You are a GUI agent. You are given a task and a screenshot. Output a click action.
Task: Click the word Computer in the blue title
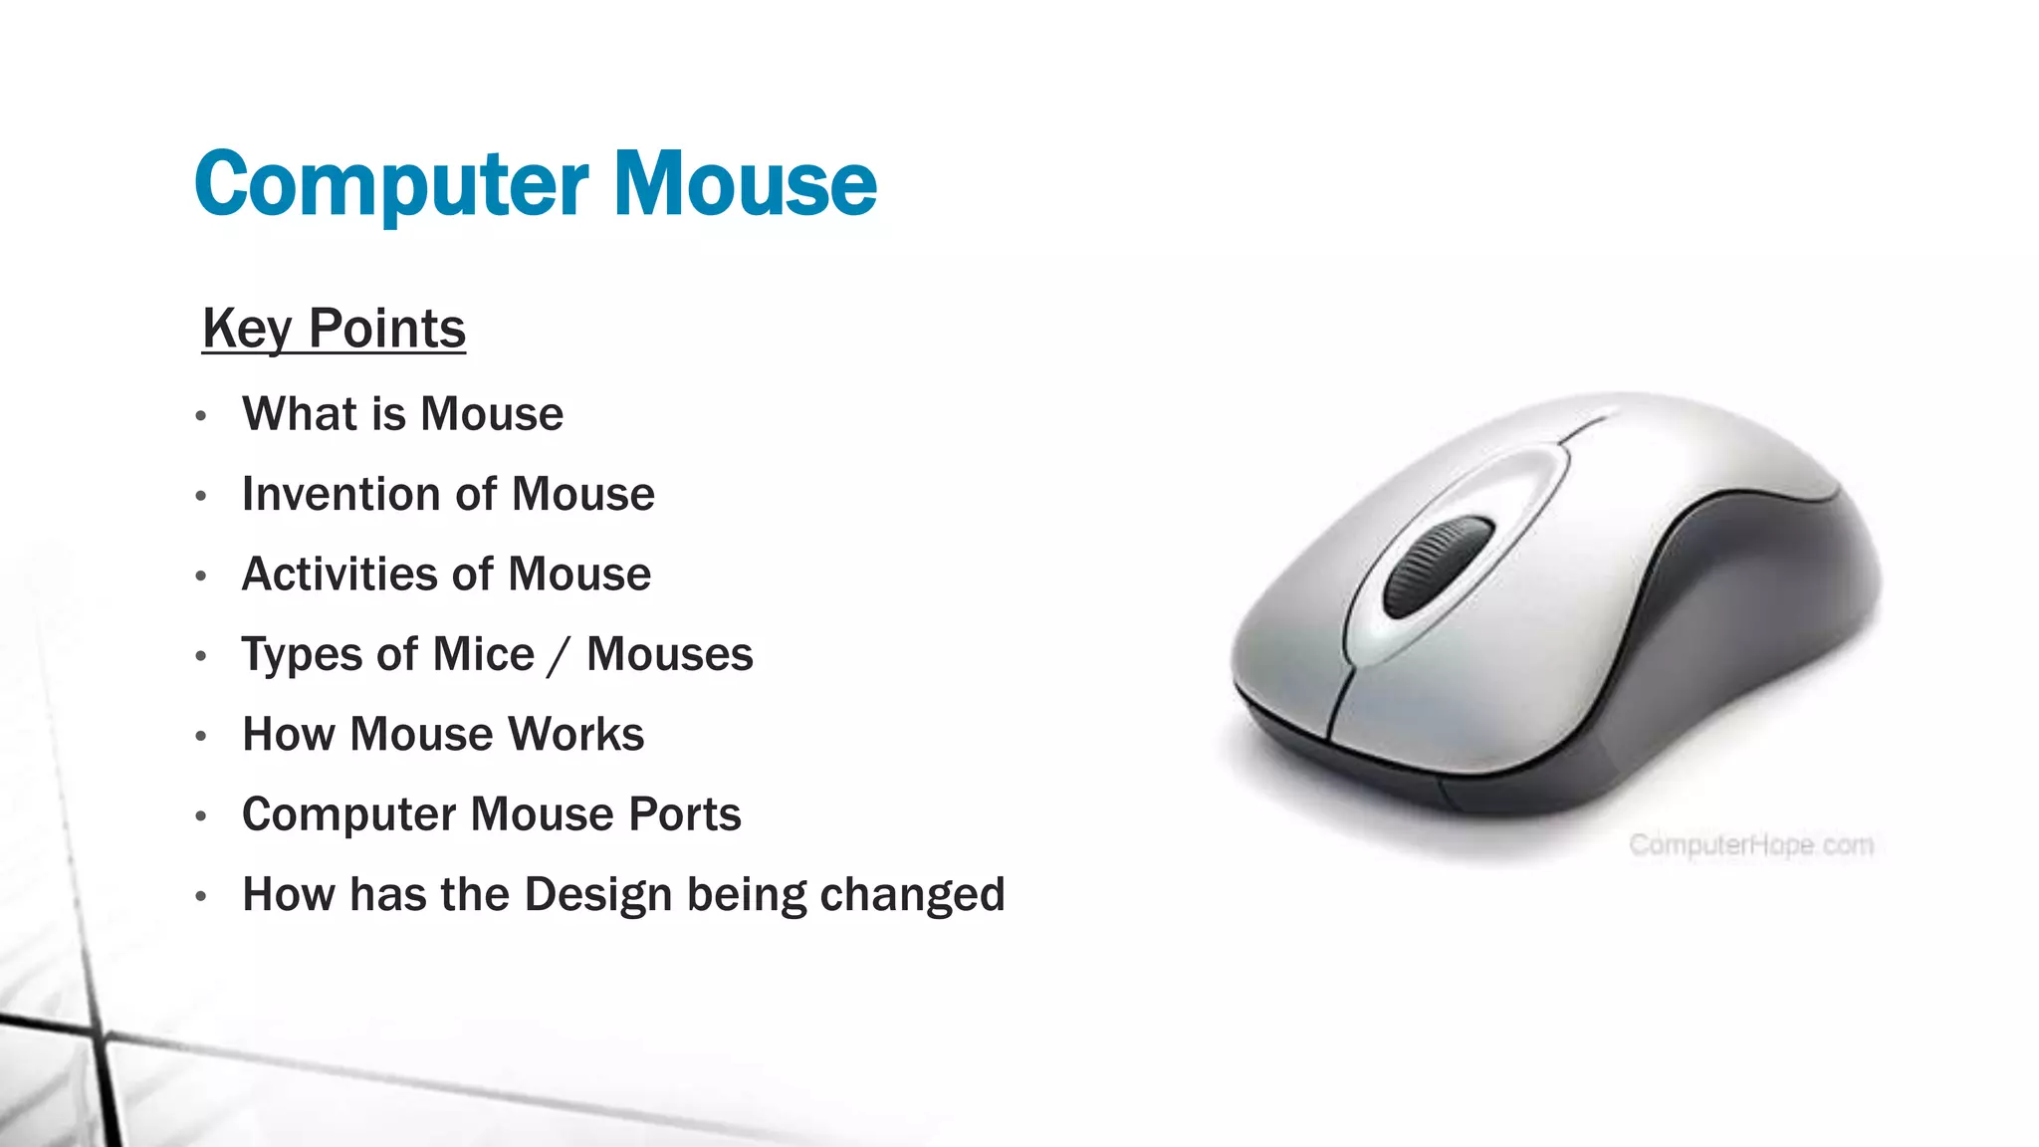(x=391, y=185)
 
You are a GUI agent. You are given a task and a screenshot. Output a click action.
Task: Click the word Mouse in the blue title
(x=745, y=185)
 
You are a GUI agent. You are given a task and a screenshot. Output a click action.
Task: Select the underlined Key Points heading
(x=334, y=329)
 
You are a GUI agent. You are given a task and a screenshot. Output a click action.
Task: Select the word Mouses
(x=669, y=655)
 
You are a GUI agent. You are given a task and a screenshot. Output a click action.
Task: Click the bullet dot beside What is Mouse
(x=201, y=416)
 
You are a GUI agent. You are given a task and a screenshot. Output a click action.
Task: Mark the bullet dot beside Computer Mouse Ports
(x=201, y=816)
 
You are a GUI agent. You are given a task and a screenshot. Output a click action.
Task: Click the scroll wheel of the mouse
(x=1437, y=566)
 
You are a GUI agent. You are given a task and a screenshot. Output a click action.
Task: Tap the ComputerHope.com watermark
(x=1750, y=845)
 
